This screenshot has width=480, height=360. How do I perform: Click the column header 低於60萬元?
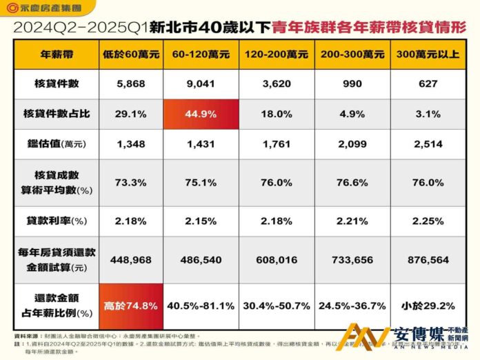(131, 54)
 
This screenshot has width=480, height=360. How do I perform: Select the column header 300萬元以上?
(428, 54)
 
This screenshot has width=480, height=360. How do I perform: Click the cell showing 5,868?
(131, 83)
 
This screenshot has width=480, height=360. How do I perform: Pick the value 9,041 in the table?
(201, 83)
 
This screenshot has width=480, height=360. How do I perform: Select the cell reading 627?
(428, 83)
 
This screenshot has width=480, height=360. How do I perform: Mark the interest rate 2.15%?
(201, 220)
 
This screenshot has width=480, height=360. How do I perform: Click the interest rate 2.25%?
(428, 220)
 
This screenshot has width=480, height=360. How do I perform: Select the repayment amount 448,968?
(131, 260)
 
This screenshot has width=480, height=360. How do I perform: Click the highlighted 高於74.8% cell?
(131, 305)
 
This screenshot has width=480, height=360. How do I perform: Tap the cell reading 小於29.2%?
(428, 305)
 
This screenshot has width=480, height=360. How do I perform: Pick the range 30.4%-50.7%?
(277, 305)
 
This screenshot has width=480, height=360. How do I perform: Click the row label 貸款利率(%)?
(57, 220)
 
